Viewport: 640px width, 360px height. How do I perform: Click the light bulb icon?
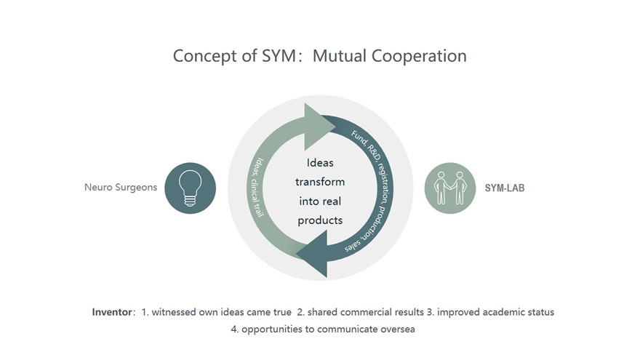190,188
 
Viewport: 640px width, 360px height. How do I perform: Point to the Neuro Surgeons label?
121,188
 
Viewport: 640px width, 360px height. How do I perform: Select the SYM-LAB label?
505,188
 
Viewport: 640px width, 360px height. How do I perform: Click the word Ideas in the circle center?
320,163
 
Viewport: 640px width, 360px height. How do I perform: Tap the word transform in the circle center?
320,182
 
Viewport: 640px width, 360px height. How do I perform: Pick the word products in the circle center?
320,219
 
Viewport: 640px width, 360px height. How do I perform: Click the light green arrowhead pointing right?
319,125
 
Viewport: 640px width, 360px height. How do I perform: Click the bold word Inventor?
112,312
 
